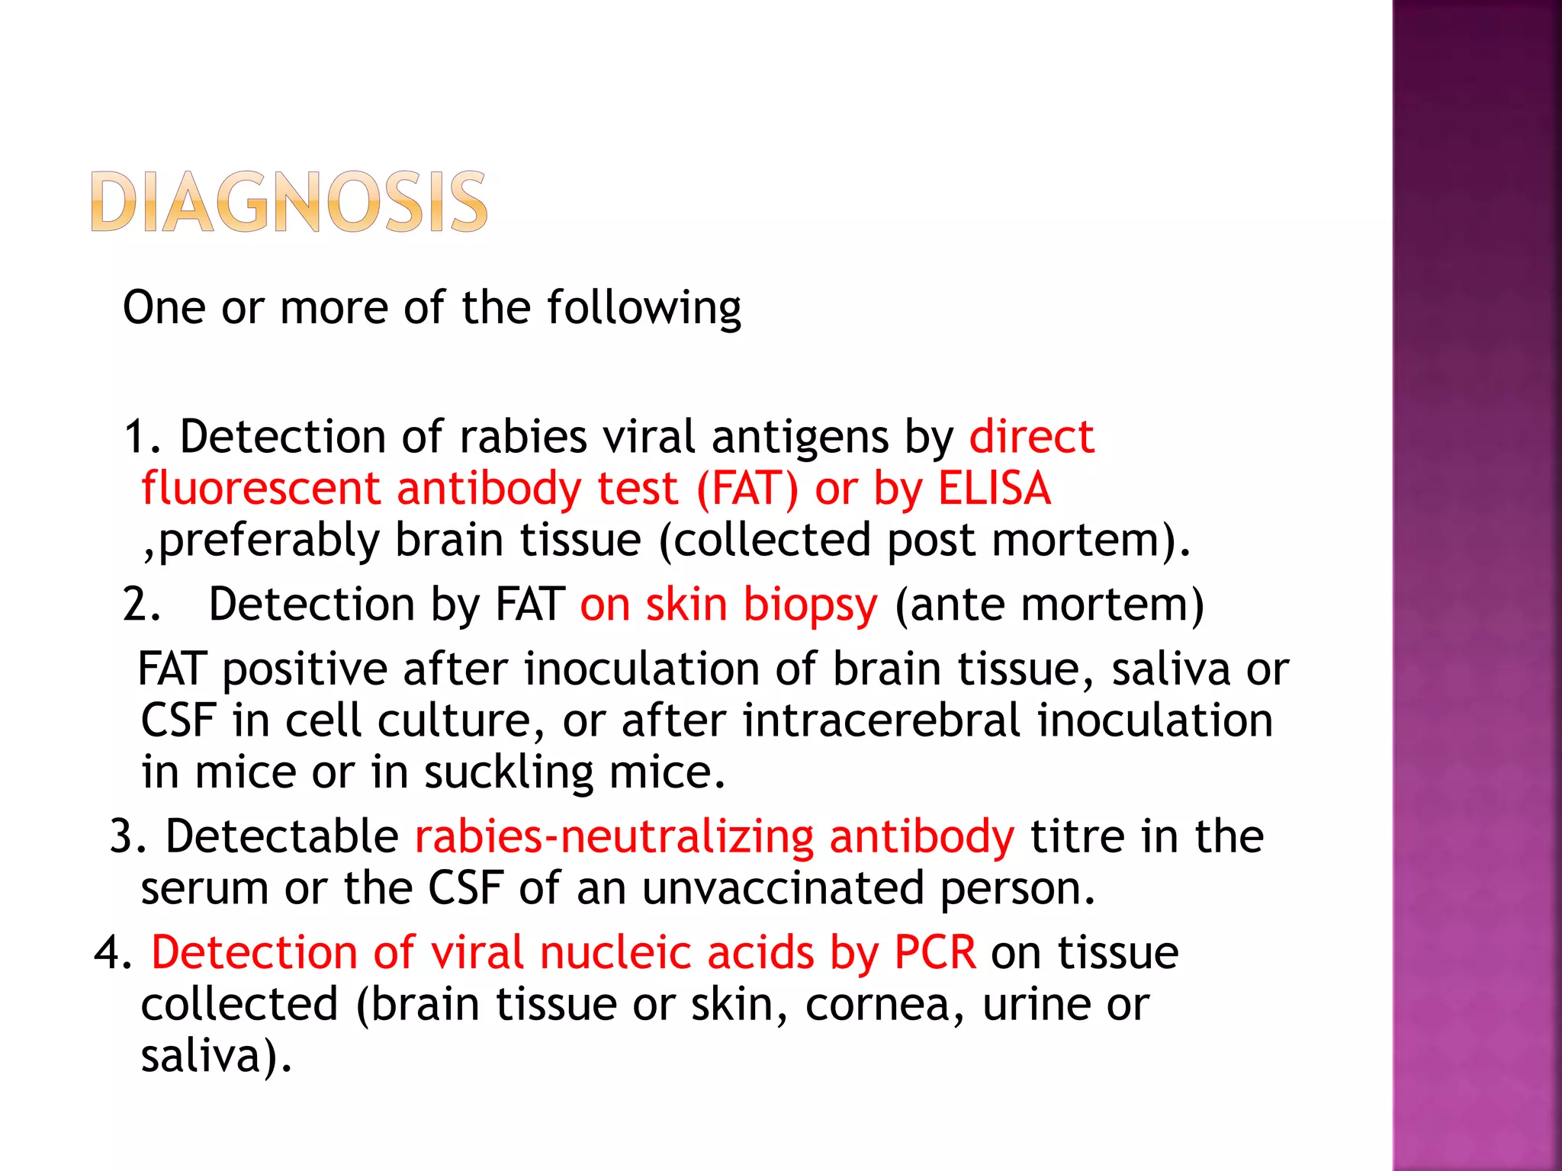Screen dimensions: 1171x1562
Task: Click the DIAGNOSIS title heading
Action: click(289, 202)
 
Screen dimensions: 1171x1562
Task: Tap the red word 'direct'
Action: click(1031, 437)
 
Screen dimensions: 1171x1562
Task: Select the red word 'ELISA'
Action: click(995, 489)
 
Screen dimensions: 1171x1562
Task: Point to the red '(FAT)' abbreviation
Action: click(747, 489)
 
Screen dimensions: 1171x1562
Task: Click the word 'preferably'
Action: click(268, 541)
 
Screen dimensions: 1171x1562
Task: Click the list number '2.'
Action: click(142, 605)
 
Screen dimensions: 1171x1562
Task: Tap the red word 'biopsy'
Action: click(810, 606)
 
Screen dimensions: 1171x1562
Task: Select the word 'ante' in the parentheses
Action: click(956, 605)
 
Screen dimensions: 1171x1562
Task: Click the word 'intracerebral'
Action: click(882, 720)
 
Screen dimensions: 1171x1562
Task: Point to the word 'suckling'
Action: click(508, 772)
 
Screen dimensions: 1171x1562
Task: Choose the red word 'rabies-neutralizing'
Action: click(614, 836)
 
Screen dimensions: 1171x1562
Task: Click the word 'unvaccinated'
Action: click(783, 888)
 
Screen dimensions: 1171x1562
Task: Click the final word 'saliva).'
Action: click(217, 1057)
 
